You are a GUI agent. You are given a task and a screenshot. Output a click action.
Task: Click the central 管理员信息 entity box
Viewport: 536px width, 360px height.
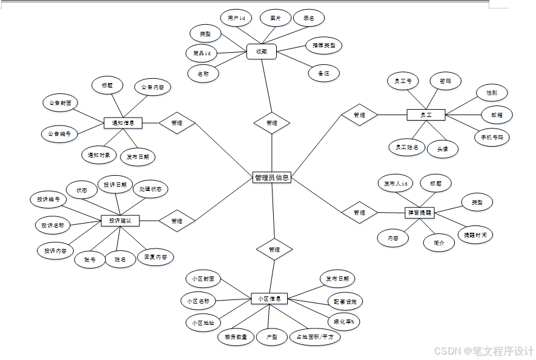click(x=272, y=178)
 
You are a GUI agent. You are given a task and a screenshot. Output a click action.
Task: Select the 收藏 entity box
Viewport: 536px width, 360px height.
click(x=262, y=53)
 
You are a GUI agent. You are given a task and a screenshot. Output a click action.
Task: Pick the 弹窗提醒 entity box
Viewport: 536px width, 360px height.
click(x=419, y=212)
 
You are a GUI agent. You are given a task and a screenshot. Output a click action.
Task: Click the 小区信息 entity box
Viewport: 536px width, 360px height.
click(x=269, y=299)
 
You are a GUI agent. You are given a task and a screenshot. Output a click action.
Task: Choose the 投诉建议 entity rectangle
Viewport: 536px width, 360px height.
click(x=120, y=221)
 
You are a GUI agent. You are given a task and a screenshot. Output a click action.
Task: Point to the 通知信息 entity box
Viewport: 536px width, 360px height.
click(x=123, y=123)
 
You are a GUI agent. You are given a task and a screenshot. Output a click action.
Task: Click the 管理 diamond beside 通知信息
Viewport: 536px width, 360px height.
click(x=177, y=122)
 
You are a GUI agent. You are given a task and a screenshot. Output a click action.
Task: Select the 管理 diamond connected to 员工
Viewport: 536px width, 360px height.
click(x=359, y=115)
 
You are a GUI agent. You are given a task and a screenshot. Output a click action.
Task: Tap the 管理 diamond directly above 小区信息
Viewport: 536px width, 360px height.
click(x=274, y=249)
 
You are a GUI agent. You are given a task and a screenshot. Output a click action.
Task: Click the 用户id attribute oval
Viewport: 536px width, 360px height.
click(x=236, y=18)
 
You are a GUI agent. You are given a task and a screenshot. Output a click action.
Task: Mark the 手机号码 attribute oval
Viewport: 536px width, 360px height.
click(x=492, y=137)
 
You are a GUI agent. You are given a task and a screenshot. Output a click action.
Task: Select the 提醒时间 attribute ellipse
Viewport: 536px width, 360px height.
click(x=474, y=235)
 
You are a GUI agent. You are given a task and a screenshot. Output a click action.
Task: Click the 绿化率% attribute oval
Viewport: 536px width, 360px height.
click(x=343, y=322)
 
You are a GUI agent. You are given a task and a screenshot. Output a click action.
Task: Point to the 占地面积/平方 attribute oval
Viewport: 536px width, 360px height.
click(x=315, y=337)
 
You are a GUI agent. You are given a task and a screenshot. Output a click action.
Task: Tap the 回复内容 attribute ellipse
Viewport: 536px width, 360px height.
click(x=155, y=257)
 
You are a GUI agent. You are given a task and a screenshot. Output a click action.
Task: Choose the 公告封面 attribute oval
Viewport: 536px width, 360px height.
click(x=61, y=103)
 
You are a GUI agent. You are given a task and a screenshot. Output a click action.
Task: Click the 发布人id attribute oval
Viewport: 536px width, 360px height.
click(x=395, y=183)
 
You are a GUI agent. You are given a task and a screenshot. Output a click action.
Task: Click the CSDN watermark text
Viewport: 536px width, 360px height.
click(x=484, y=350)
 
